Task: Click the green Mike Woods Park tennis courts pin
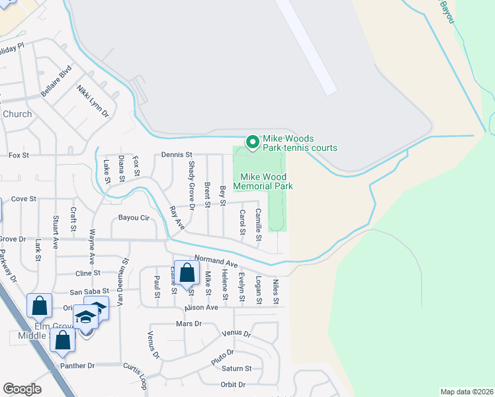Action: [x=251, y=142]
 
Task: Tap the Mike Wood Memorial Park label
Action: [x=263, y=182]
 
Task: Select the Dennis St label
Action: [x=176, y=155]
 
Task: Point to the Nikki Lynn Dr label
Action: [x=92, y=101]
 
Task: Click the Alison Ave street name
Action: [x=202, y=308]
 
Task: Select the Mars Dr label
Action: [x=189, y=324]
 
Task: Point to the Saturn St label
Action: [x=237, y=369]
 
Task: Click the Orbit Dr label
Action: [x=232, y=384]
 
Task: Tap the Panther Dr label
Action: [x=78, y=365]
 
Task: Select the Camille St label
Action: [x=259, y=224]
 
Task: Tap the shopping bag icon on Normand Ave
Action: [x=187, y=273]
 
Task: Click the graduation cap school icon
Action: [x=85, y=317]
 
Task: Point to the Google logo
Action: [x=22, y=389]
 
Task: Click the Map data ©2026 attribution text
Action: [x=466, y=392]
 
